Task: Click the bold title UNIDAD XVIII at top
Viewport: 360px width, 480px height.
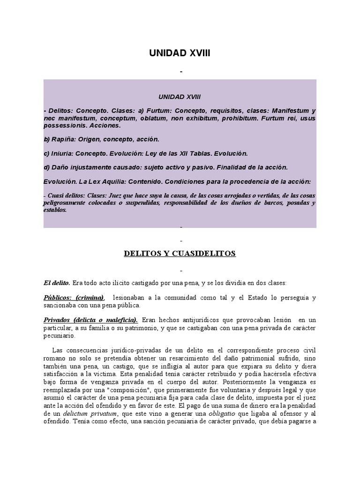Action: pos(180,54)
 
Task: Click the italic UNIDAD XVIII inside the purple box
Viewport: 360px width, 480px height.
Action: pos(180,96)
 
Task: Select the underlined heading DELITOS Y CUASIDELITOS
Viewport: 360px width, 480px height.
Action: pos(180,254)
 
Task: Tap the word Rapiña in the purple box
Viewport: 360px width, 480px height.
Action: pos(66,140)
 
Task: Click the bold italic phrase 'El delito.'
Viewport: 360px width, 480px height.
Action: pos(57,283)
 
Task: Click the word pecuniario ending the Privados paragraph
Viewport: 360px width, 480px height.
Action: pos(60,336)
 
